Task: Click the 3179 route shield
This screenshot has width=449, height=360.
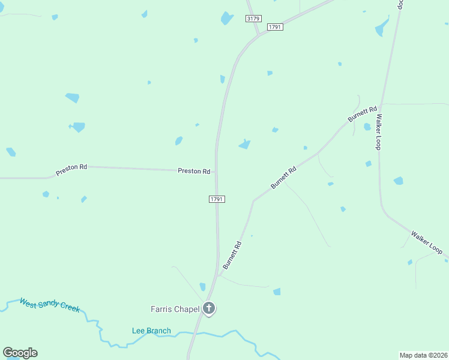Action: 253,19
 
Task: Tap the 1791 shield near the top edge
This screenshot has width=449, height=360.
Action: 275,27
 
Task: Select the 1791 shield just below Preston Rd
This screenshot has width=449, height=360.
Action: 217,199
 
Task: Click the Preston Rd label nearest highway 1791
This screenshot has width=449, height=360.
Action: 194,171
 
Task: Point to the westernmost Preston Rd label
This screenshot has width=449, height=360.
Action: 71,170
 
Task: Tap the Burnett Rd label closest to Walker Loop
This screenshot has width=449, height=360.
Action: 363,114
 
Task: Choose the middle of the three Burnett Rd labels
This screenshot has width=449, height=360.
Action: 284,178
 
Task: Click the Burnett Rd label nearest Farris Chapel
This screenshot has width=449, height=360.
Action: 232,255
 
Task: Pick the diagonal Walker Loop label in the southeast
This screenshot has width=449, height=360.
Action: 427,241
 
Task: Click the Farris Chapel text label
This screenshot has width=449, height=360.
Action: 175,309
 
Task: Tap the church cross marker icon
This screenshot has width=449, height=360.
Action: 209,309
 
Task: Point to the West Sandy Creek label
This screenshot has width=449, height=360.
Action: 50,304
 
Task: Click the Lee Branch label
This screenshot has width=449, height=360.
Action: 151,331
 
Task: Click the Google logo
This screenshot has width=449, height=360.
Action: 20,353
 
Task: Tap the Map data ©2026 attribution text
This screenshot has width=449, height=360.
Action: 424,355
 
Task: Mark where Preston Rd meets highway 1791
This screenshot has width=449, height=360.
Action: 216,172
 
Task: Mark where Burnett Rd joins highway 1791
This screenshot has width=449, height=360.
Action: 218,277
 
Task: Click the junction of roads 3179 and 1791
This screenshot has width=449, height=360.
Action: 259,35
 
